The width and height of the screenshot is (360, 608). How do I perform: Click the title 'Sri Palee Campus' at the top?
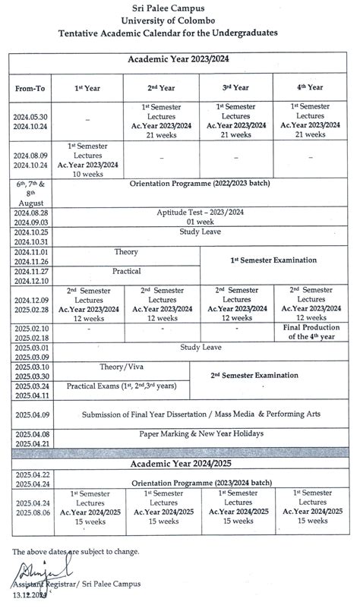coord(180,6)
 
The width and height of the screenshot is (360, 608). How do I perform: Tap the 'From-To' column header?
coord(30,88)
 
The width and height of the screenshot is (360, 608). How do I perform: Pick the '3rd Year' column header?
coord(235,87)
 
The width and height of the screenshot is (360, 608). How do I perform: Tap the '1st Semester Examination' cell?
coord(273,260)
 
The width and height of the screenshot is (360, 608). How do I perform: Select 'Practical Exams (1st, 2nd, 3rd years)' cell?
coord(122,386)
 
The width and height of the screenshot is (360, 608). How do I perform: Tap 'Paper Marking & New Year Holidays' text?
coord(201,433)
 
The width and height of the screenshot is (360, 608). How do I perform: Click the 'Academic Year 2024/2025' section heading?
coord(180,462)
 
